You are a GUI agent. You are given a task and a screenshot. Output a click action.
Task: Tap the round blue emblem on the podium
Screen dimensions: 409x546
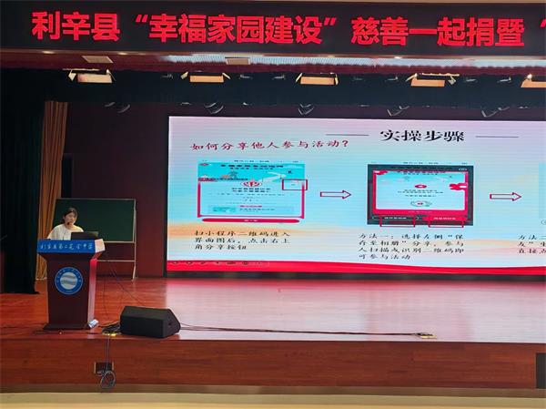pyautogui.click(x=68, y=280)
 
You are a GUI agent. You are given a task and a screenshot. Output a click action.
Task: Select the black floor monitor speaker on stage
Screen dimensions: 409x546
pyautogui.click(x=148, y=322)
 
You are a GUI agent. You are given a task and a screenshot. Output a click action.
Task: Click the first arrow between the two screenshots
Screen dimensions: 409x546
pyautogui.click(x=335, y=194)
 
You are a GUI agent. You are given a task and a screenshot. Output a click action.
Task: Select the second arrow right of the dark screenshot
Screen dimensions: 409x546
pyautogui.click(x=506, y=196)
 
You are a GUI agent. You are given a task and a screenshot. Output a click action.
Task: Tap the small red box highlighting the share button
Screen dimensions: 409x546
pyautogui.click(x=295, y=184)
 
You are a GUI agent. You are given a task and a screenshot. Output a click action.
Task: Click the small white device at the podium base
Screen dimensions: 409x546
pyautogui.click(x=93, y=322)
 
